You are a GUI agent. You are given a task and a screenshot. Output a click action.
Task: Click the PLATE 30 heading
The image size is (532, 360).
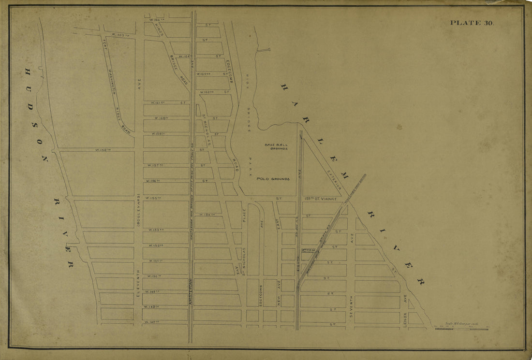tap(472, 23)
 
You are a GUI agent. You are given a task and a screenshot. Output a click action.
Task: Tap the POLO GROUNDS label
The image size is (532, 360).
tap(273, 179)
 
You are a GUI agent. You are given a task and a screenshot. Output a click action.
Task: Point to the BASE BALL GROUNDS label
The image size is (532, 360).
tap(276, 147)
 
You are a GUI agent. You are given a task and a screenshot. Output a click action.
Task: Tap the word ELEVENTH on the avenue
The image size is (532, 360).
tap(138, 282)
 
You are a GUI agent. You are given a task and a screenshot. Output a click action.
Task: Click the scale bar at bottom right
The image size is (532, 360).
tap(462, 329)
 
